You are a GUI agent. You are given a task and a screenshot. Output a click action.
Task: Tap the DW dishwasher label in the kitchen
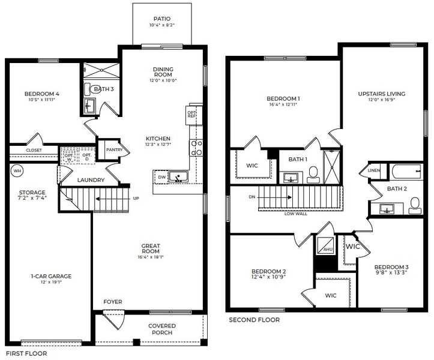pos(161,177)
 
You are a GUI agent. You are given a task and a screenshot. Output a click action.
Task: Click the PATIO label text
pos(161,19)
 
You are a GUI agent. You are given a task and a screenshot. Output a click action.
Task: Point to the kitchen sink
pos(178,176)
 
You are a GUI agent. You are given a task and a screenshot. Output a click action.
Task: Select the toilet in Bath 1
pos(313,175)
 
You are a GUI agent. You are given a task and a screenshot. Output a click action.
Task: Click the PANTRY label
pos(114,150)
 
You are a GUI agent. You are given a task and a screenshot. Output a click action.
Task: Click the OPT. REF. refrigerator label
pos(192,113)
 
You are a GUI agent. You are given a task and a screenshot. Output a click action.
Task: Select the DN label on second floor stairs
pos(251,196)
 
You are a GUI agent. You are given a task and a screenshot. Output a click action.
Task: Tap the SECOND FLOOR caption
pos(254,320)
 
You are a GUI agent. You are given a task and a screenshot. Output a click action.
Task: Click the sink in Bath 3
pos(89,107)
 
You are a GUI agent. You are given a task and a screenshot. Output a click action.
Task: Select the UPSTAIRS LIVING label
pos(381,94)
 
